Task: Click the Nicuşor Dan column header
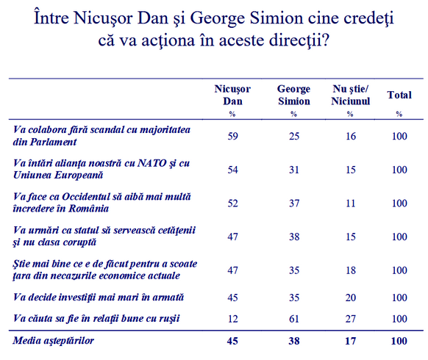[232, 95]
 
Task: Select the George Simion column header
[293, 95]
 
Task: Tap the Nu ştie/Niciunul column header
[351, 95]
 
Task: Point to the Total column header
[399, 95]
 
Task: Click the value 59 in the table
[232, 136]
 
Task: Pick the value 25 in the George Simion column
[294, 136]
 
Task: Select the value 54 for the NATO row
[232, 170]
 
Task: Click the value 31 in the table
[294, 170]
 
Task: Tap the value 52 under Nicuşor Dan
[232, 204]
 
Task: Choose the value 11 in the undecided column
[351, 204]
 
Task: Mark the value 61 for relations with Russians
[294, 319]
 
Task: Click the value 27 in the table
[351, 319]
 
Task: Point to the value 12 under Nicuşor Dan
[232, 319]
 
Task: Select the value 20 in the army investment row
[351, 298]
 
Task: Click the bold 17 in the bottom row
[351, 341]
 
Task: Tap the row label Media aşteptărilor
[53, 341]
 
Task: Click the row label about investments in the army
[99, 297]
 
